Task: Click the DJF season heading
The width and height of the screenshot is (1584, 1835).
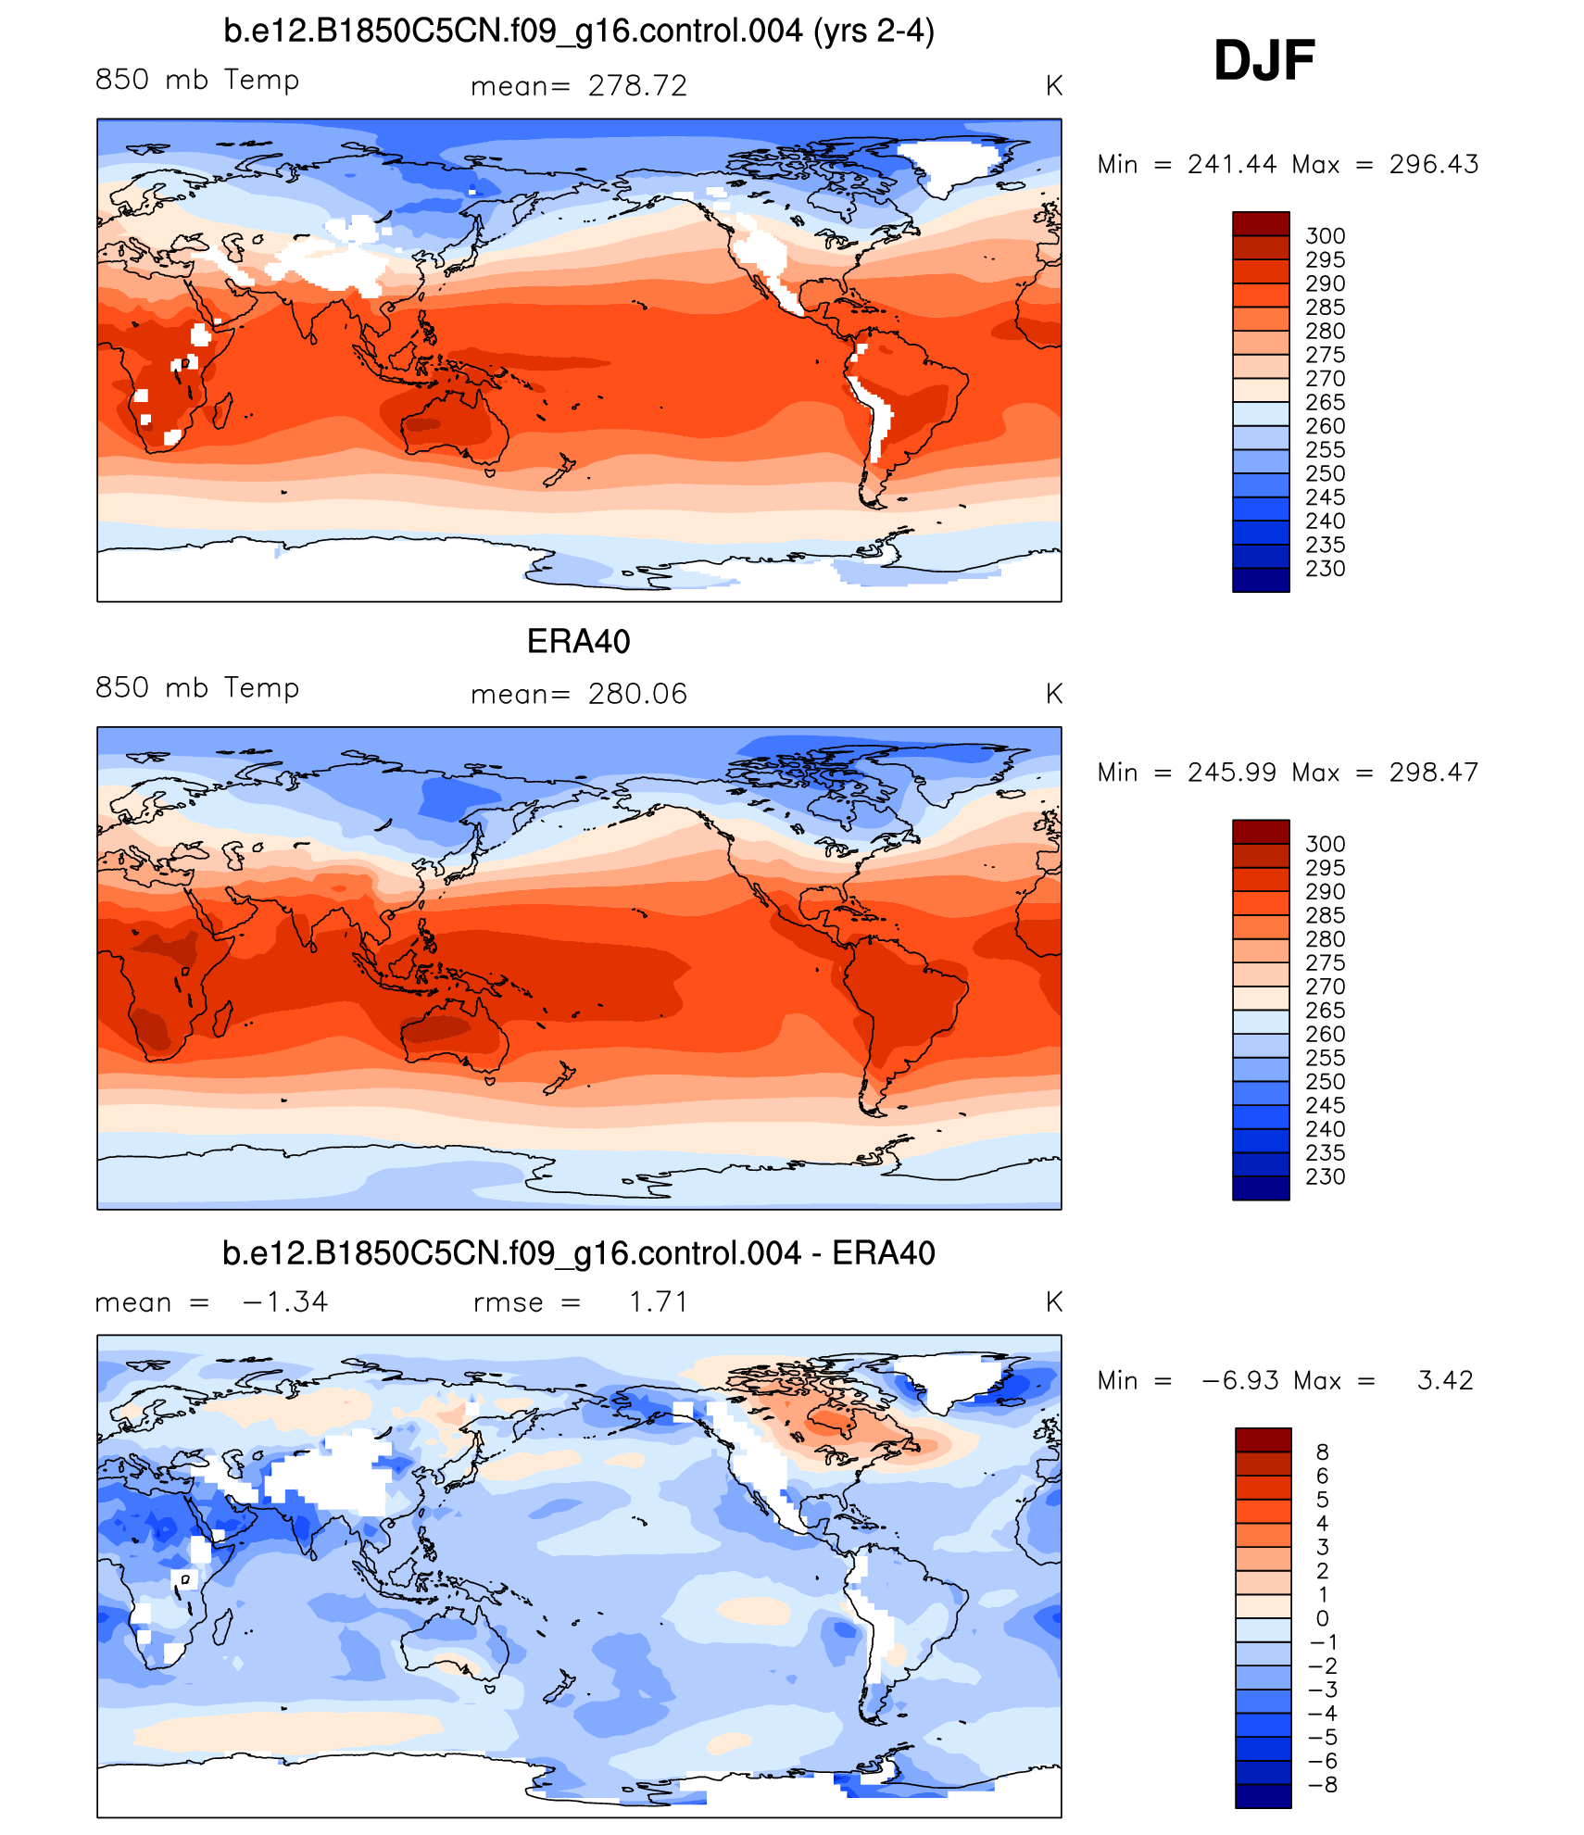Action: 1263,61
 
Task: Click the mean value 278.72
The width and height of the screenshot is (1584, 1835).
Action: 637,86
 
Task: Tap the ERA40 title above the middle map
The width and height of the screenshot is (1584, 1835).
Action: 578,641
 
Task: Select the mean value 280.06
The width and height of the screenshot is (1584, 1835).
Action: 637,694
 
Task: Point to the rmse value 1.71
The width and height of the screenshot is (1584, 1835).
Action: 659,1302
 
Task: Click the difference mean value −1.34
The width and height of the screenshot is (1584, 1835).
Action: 284,1302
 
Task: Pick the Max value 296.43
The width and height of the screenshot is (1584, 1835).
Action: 1433,165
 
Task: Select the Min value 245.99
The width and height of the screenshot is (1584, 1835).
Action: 1232,773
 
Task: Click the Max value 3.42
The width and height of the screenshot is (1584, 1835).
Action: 1444,1381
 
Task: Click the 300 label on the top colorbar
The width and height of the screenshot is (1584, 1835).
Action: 1325,236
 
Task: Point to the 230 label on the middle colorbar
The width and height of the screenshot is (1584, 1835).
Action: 1325,1177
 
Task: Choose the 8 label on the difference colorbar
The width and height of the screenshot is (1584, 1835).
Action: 1322,1452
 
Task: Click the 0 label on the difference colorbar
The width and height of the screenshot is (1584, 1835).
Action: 1322,1618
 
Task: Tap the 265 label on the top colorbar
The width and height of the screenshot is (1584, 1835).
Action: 1325,403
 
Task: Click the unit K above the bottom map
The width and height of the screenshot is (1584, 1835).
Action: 1053,1302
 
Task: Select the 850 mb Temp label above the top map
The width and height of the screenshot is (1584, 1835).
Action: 197,81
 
